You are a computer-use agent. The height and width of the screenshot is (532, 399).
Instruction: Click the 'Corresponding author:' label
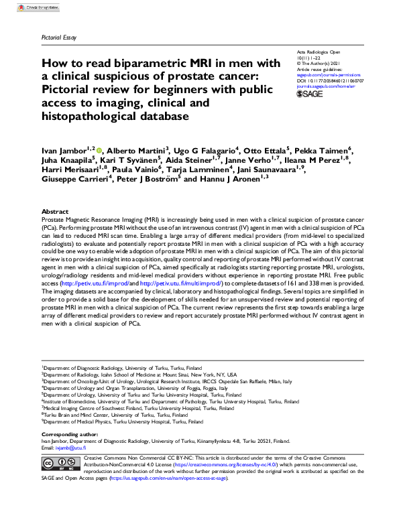pos(71,434)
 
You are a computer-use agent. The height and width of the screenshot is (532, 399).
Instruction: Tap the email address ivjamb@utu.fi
pos(69,448)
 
